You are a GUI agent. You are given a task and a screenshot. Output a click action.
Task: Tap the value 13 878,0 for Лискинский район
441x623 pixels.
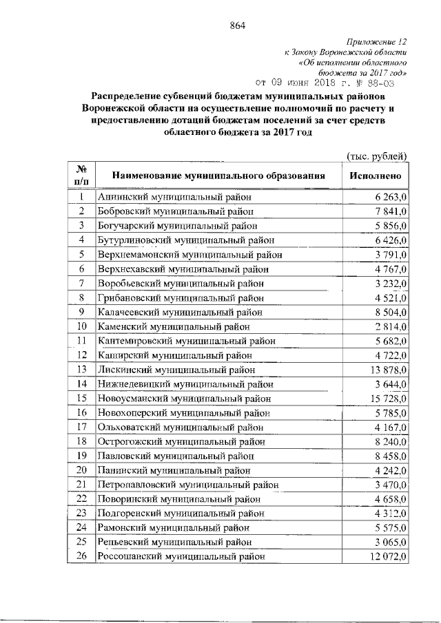click(x=387, y=370)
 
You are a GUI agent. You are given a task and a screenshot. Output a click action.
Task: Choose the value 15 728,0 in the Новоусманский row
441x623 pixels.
click(x=387, y=399)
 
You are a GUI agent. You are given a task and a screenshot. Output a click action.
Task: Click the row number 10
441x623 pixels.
click(x=81, y=326)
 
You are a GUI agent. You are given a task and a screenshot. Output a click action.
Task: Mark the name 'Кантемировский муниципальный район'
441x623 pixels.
click(x=187, y=341)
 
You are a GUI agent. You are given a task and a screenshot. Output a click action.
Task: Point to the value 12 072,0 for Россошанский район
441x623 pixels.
click(x=387, y=557)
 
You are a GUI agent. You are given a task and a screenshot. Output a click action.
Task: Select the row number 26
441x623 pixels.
click(x=81, y=557)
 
